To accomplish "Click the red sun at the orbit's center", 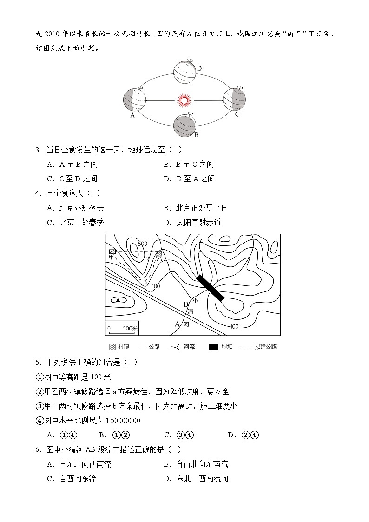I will pyautogui.click(x=184, y=100).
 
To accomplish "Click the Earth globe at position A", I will pyautogui.click(x=134, y=99).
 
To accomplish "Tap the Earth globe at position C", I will pyautogui.click(x=234, y=99).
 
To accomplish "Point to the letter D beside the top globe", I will pyautogui.click(x=199, y=69).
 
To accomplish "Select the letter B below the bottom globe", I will pyautogui.click(x=196, y=135).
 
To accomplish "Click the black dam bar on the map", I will pyautogui.click(x=210, y=288).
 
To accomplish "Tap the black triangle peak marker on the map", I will pyautogui.click(x=118, y=300).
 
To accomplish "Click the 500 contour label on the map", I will pyautogui.click(x=142, y=244).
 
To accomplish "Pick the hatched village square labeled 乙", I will pyautogui.click(x=159, y=254).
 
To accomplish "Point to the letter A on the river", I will pyautogui.click(x=177, y=324).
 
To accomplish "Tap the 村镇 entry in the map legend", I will pyautogui.click(x=119, y=347).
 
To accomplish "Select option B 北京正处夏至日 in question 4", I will pyautogui.click(x=195, y=208).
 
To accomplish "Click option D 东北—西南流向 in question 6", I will pyautogui.click(x=196, y=478).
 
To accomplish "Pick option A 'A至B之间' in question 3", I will pyautogui.click(x=72, y=164).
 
